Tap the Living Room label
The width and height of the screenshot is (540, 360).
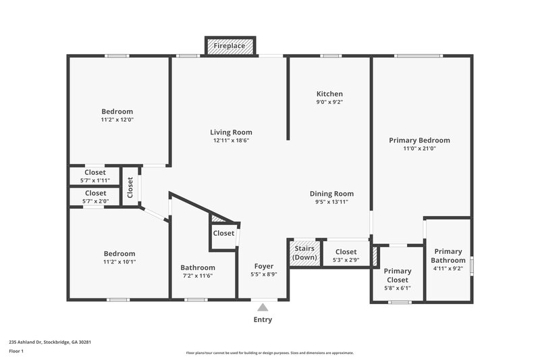coord(231,132)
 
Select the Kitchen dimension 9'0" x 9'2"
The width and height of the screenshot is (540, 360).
coord(329,102)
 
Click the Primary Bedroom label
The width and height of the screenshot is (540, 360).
coord(419,140)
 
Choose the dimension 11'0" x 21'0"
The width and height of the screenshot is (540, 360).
coord(419,149)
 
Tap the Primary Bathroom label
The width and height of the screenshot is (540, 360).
coord(448,256)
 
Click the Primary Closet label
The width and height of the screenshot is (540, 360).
coord(397,276)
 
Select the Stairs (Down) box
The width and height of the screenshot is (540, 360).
coord(304,253)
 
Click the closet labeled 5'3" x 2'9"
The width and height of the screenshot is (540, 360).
coord(346,255)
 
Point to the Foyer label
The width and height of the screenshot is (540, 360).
coord(263,265)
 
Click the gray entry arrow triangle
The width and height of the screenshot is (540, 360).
coord(263,307)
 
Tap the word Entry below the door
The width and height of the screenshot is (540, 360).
coord(263,320)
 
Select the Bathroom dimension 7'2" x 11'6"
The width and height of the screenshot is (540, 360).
coord(198,276)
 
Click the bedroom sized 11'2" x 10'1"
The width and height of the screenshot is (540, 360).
coord(119,257)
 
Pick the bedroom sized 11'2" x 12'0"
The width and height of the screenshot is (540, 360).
coord(117,115)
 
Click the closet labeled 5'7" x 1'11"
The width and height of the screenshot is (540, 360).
coord(95,176)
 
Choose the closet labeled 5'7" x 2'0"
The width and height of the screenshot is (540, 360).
coord(95,197)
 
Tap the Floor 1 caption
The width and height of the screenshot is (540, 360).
coord(16,352)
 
